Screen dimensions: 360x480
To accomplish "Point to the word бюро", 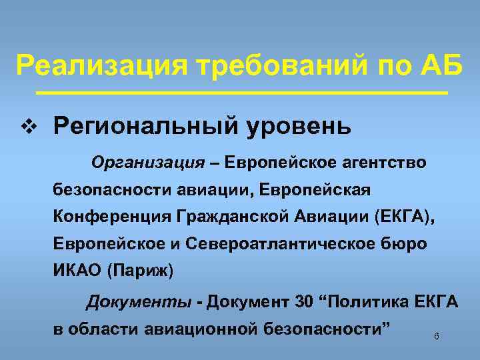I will tap(405, 244).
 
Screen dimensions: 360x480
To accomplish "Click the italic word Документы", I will tap(139, 302).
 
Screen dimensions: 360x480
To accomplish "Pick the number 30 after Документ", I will tap(303, 302).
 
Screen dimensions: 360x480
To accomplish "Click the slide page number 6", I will tap(436, 336).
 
